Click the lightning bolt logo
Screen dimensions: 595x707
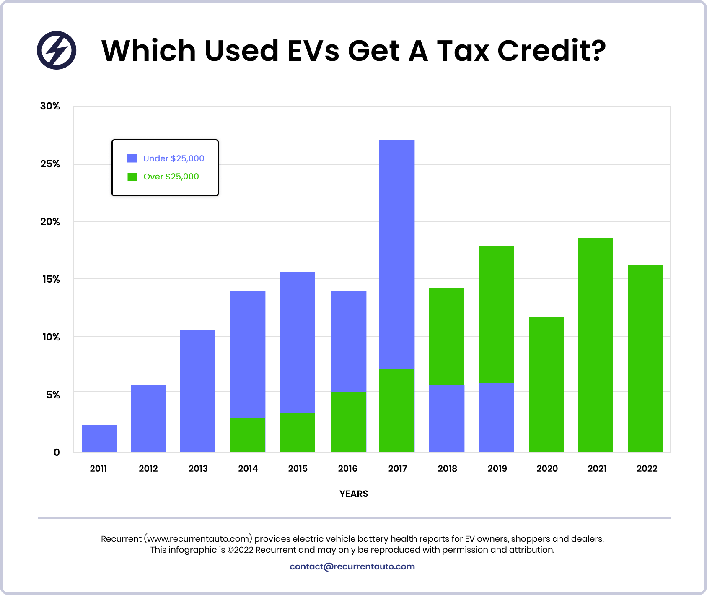tap(57, 50)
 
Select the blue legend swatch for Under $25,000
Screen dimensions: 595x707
tap(132, 158)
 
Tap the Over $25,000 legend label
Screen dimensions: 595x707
tap(171, 177)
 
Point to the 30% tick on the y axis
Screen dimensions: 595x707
tap(50, 106)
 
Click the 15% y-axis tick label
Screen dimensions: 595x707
tap(51, 279)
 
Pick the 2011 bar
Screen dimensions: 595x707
tap(99, 438)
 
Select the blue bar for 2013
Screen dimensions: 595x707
tap(197, 391)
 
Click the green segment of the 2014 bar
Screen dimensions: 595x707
tap(248, 435)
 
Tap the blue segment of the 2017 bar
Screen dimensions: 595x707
tap(397, 254)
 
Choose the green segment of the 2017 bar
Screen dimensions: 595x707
tap(397, 410)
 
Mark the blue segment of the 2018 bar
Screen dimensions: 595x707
tap(447, 418)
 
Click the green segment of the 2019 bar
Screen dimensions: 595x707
tap(497, 314)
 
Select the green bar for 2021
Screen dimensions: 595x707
tap(595, 345)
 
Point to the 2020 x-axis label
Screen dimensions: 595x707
tap(547, 468)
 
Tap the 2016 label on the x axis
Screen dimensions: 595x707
tap(347, 468)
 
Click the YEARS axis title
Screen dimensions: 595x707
tap(354, 494)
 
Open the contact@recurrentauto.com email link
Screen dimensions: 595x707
tap(352, 566)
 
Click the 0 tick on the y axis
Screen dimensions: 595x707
tap(57, 452)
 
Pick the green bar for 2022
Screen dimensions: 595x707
tap(645, 359)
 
